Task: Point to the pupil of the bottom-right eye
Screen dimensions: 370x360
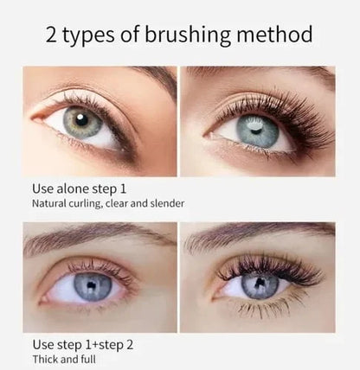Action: coord(260,284)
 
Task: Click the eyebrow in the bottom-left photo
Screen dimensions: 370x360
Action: coord(87,236)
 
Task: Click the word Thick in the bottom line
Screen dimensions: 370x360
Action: coord(45,359)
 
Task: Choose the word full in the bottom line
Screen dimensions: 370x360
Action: coord(88,359)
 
